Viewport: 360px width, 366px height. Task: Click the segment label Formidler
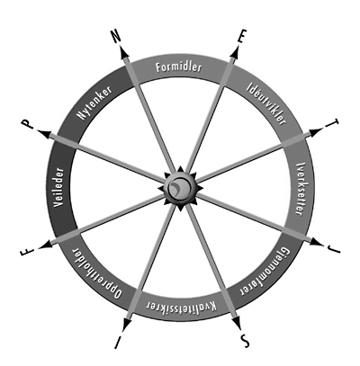(x=179, y=67)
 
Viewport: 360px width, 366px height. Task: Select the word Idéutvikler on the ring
(x=266, y=103)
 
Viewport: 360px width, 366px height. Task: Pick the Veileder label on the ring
(x=59, y=187)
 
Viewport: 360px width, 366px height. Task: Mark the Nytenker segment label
(x=94, y=103)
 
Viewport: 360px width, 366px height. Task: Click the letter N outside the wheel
(x=116, y=36)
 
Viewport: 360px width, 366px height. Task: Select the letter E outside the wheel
(x=240, y=38)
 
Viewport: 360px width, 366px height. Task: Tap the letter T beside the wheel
(x=334, y=124)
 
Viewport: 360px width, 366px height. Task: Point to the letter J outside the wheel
(x=335, y=247)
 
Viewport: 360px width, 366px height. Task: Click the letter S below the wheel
(x=244, y=341)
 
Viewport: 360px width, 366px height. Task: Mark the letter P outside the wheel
(x=27, y=124)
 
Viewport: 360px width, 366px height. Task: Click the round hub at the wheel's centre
(x=180, y=188)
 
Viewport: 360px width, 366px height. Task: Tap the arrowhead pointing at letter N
(x=124, y=51)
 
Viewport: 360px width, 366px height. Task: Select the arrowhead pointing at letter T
(x=316, y=132)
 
